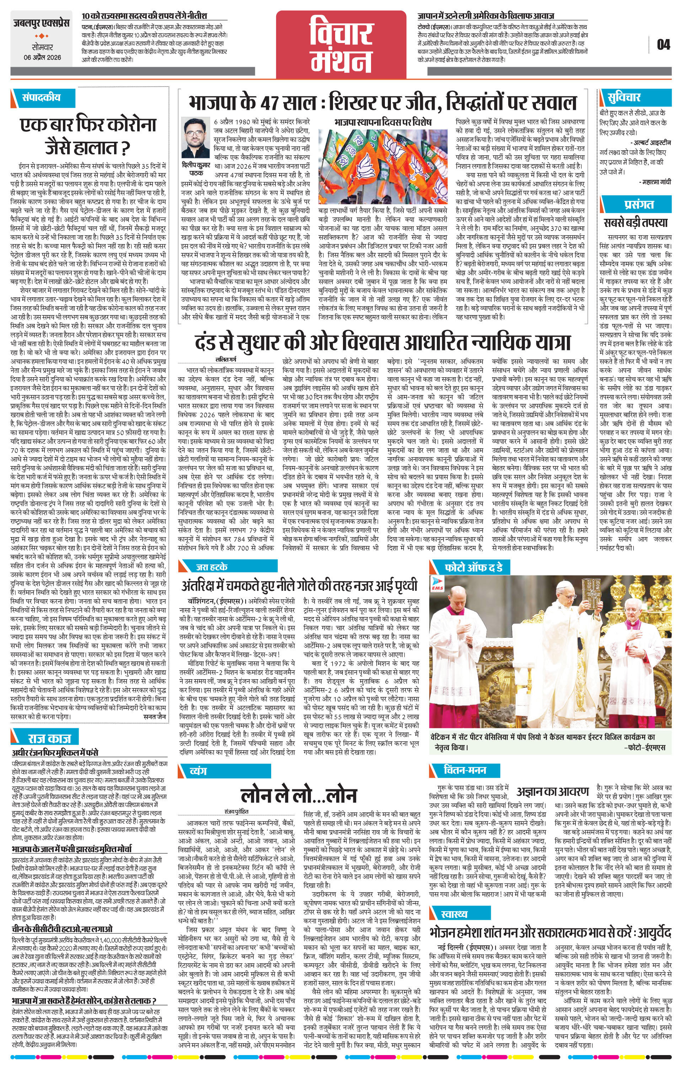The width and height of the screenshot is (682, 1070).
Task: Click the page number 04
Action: point(663,44)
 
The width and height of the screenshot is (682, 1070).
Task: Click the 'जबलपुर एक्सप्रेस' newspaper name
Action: point(41,23)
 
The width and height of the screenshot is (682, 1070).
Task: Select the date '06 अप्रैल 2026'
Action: point(43,57)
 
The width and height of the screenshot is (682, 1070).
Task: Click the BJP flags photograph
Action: point(383,166)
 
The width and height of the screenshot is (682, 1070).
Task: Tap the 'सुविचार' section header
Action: point(624,97)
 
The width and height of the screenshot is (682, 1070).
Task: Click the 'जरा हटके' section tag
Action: point(211,567)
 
